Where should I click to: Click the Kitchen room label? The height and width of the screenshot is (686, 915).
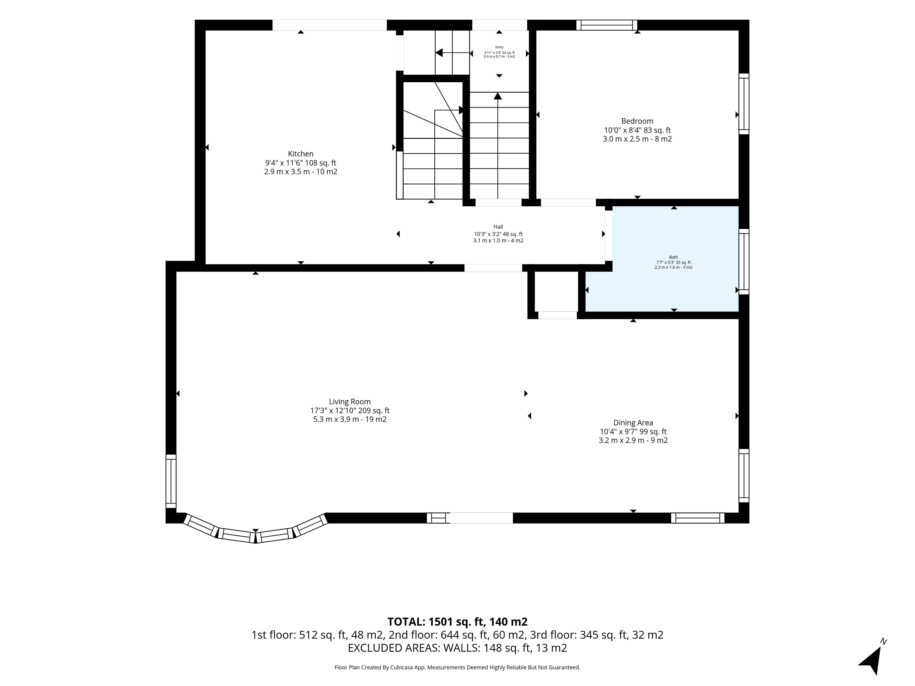point(301,154)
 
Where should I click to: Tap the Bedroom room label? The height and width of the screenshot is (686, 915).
point(637,121)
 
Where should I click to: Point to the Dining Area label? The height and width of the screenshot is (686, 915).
point(633,423)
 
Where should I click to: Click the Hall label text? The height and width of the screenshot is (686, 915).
point(498,227)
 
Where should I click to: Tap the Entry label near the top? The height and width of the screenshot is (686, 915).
point(499,47)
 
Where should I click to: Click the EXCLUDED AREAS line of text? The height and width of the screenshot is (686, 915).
point(457,648)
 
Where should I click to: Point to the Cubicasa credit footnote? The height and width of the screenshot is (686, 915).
point(457,667)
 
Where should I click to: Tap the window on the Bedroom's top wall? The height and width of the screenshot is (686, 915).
point(607,25)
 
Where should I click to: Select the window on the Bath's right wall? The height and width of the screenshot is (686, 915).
point(744,262)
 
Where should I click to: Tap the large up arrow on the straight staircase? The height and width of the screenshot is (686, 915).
point(498,96)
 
